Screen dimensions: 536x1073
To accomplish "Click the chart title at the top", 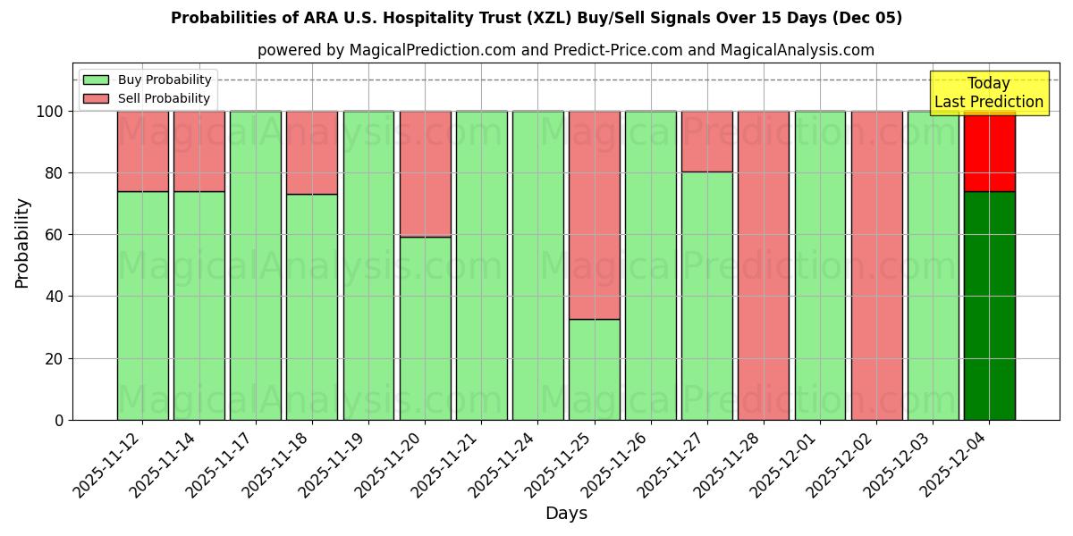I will (x=536, y=18).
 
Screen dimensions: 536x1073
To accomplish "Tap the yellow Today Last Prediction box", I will (x=989, y=93).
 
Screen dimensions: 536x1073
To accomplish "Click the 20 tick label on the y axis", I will (x=55, y=359).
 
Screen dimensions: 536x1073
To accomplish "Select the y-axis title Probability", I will (x=22, y=243).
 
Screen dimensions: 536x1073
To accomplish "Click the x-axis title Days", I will (x=566, y=514).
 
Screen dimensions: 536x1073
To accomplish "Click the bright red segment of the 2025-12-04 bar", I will (x=990, y=152).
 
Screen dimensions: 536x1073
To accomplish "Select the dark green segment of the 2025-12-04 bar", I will (x=990, y=306).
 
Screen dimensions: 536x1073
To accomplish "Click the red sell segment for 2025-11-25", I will (x=595, y=214).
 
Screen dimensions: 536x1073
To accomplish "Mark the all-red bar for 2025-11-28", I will (x=764, y=265).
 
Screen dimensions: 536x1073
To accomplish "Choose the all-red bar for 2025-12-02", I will (x=877, y=265).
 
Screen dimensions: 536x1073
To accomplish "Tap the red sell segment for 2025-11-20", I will (x=425, y=173).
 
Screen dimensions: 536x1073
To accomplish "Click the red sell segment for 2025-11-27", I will (x=707, y=141).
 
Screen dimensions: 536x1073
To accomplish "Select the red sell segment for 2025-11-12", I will (x=142, y=151).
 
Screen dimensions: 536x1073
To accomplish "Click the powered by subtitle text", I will (x=566, y=50).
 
